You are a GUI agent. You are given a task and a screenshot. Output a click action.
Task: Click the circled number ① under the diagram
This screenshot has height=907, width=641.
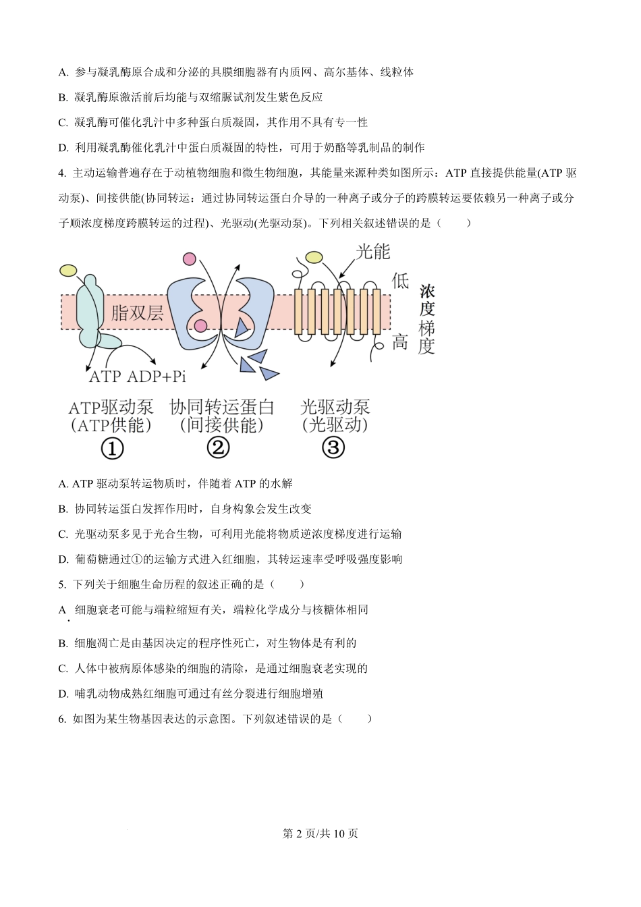[112, 448]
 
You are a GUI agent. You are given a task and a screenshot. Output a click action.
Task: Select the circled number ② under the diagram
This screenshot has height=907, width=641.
[219, 447]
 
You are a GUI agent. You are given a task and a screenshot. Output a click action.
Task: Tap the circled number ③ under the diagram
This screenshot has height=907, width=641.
[333, 447]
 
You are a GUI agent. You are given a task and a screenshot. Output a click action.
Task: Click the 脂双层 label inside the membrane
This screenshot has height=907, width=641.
[138, 312]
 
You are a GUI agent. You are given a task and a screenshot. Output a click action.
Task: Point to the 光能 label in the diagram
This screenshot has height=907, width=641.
[374, 252]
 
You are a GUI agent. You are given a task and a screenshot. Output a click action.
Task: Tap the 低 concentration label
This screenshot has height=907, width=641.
[400, 281]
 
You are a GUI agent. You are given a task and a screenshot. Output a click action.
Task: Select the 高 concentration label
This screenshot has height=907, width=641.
[400, 342]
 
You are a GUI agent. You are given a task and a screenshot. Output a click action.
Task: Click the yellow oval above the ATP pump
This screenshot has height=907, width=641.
[68, 271]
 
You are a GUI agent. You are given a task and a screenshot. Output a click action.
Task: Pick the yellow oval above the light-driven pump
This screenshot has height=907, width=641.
[314, 257]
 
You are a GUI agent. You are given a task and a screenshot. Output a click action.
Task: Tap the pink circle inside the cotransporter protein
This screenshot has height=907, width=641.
[200, 327]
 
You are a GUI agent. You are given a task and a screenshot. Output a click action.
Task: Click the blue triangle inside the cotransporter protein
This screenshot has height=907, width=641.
[241, 328]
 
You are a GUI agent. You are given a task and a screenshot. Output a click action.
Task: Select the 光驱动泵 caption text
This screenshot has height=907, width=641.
[335, 408]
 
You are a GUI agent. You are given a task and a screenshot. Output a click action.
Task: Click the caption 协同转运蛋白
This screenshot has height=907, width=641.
[222, 408]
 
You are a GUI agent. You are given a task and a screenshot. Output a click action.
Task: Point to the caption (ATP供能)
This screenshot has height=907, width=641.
[111, 426]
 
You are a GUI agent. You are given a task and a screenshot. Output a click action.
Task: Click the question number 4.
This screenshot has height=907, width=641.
[61, 173]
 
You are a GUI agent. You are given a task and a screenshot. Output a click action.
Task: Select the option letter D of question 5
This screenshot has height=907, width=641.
[63, 694]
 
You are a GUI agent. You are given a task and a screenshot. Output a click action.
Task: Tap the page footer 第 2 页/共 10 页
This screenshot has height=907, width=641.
[320, 834]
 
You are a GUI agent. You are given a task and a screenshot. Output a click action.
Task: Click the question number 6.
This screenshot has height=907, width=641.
[61, 719]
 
